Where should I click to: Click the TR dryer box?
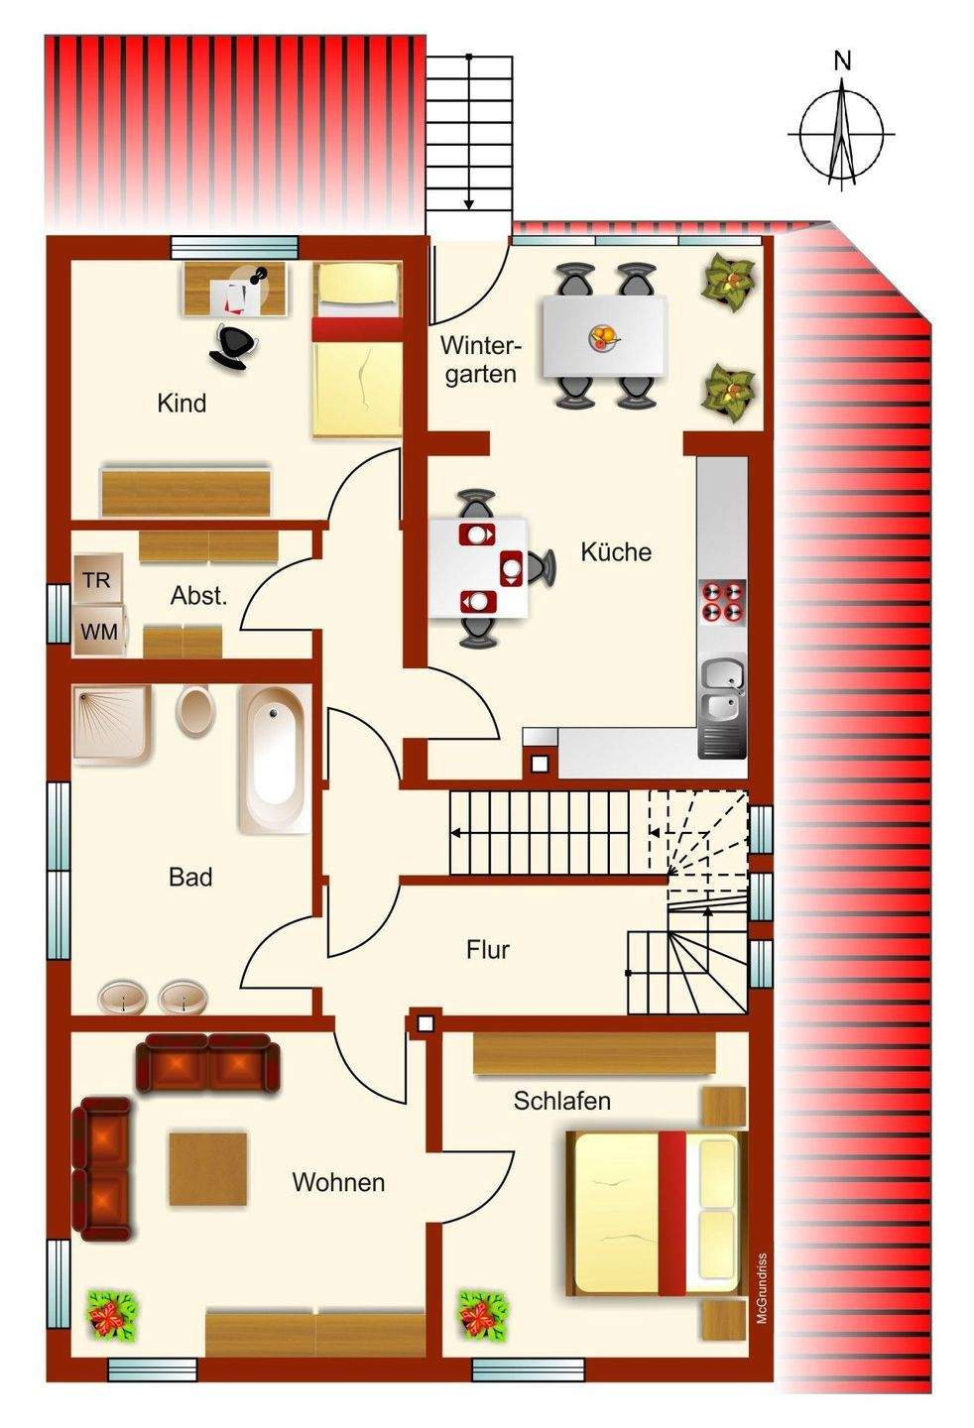[x=98, y=578]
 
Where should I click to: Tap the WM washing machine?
[x=100, y=630]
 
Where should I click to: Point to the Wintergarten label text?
[x=481, y=360]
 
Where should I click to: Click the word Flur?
[x=488, y=949]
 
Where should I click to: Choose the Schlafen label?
[x=562, y=1101]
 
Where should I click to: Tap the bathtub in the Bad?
[x=275, y=759]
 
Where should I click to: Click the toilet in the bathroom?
[x=193, y=711]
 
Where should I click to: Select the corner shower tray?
[x=113, y=724]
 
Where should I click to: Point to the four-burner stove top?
[x=723, y=601]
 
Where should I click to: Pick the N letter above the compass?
[x=842, y=61]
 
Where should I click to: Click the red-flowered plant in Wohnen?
[x=112, y=1316]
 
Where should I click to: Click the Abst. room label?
[x=199, y=596]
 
